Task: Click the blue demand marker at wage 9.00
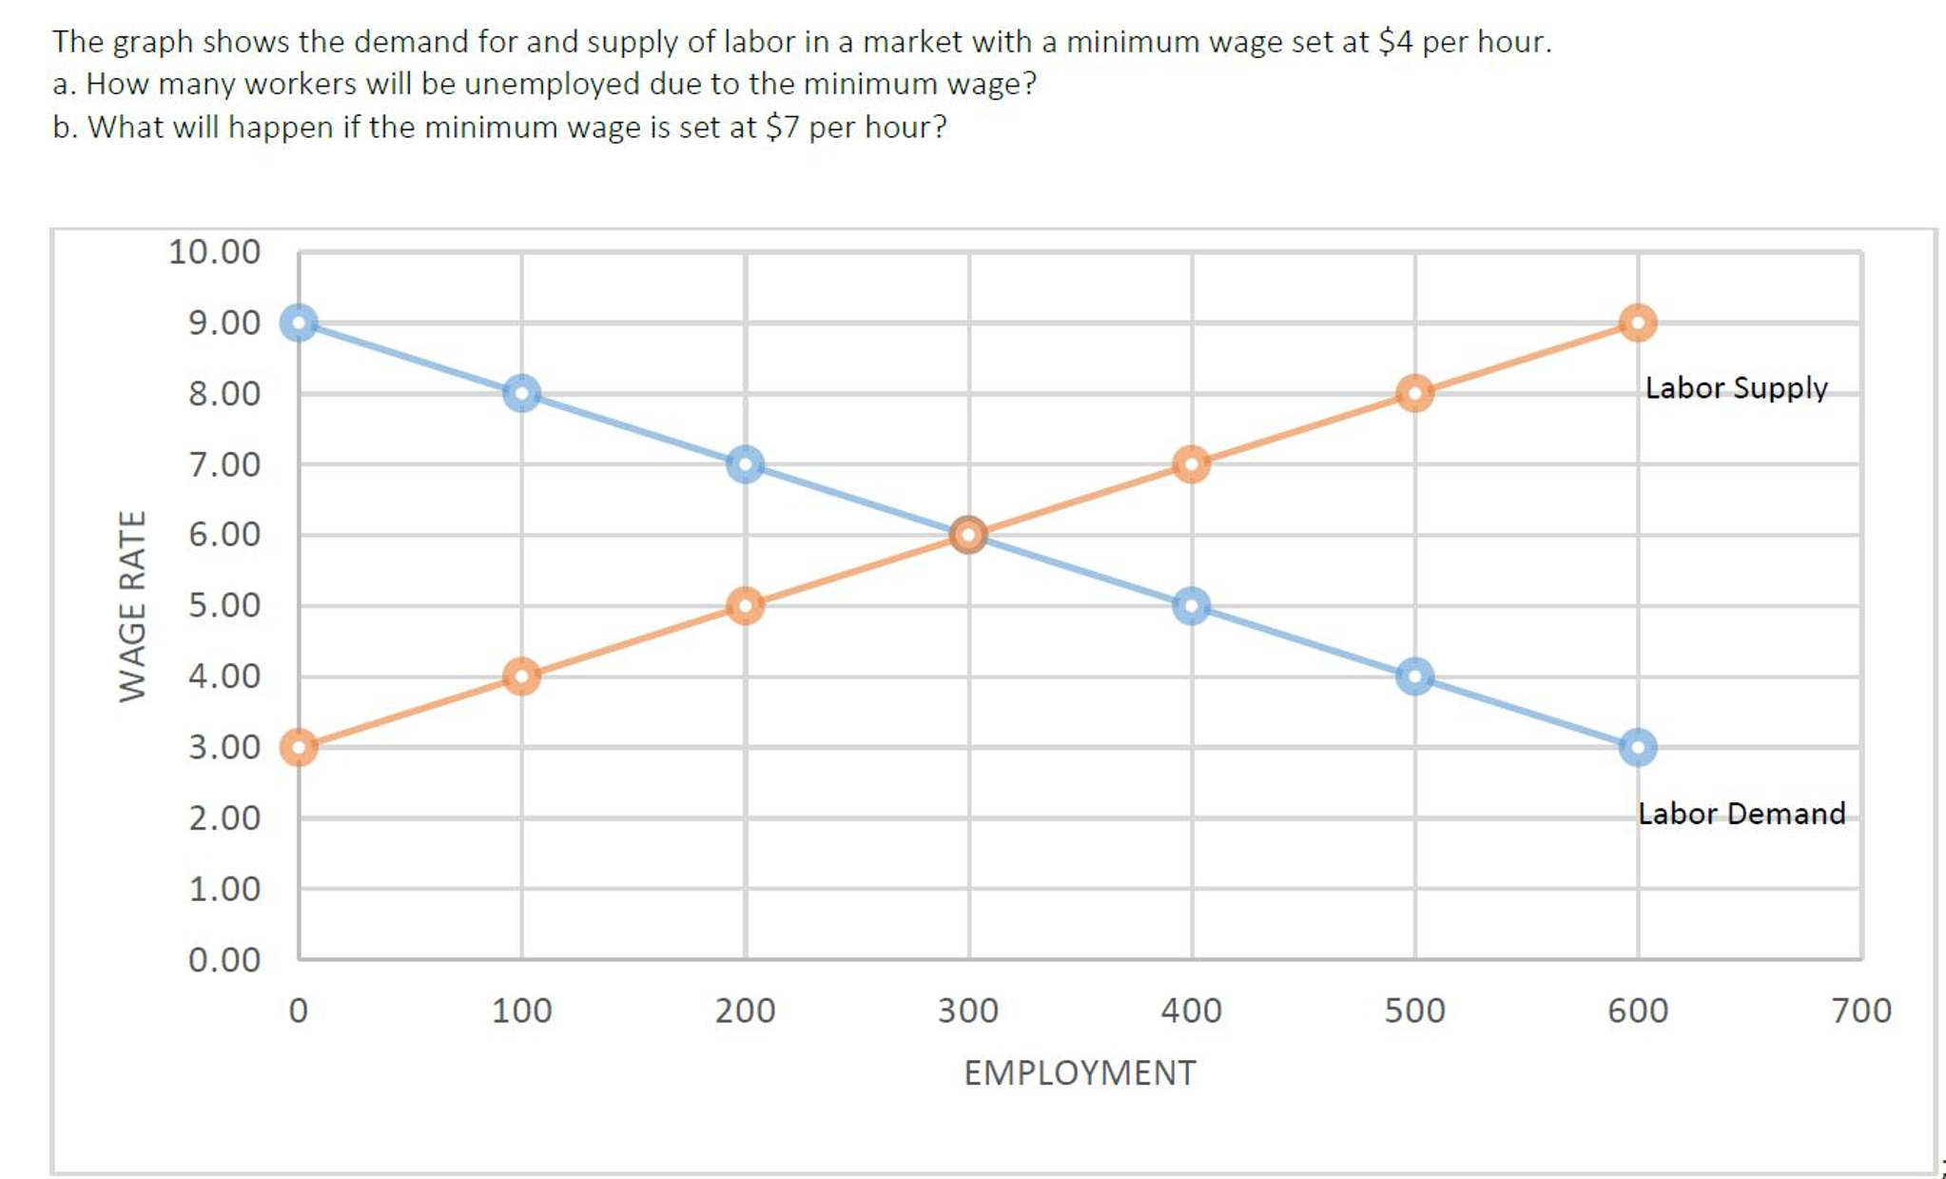299,323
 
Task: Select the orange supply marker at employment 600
1637,323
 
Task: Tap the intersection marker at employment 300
968,535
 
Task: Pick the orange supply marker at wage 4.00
521,677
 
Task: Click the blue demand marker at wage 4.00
1414,677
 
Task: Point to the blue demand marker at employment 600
1637,747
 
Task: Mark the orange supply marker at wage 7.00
1191,464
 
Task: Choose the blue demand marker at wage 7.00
745,464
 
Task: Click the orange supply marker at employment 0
299,747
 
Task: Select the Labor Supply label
1736,388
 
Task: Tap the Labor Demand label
1741,814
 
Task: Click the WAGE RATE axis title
132,606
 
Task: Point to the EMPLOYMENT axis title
1080,1072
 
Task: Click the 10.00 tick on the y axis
214,252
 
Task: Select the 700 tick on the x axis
1861,1011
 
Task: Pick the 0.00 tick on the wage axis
224,959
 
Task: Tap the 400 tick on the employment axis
1191,1011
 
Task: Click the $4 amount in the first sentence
1395,42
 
